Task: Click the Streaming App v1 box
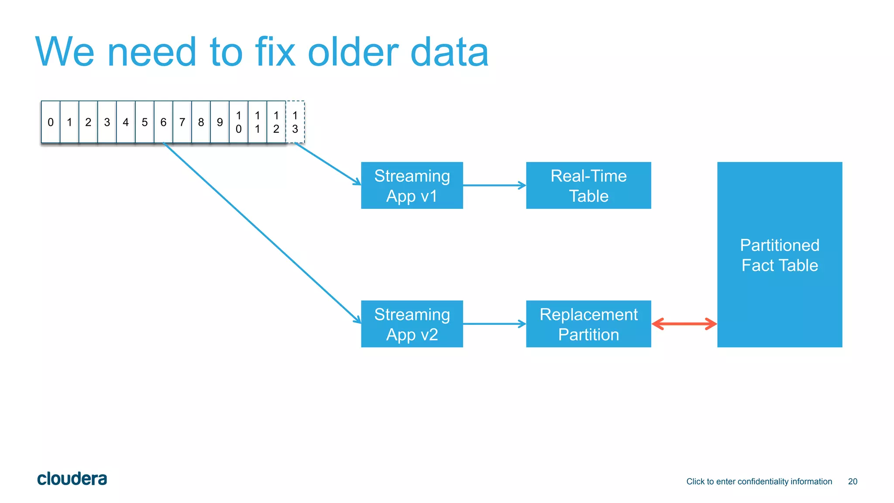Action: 412,186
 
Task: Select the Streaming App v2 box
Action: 412,324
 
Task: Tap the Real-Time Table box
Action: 588,186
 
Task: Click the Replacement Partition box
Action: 588,324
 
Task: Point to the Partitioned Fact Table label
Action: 780,255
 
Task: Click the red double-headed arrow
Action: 684,324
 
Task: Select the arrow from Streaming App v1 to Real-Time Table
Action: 494,186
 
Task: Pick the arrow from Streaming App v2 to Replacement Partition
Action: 494,324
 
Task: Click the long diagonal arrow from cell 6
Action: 262,233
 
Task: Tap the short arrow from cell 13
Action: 327,164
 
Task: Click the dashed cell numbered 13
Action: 295,122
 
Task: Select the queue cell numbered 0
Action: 51,122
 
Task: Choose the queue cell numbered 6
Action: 163,122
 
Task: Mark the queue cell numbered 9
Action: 220,122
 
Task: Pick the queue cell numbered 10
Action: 238,122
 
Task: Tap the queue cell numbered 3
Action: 107,122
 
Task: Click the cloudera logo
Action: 72,479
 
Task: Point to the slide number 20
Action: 853,482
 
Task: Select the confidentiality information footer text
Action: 759,482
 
